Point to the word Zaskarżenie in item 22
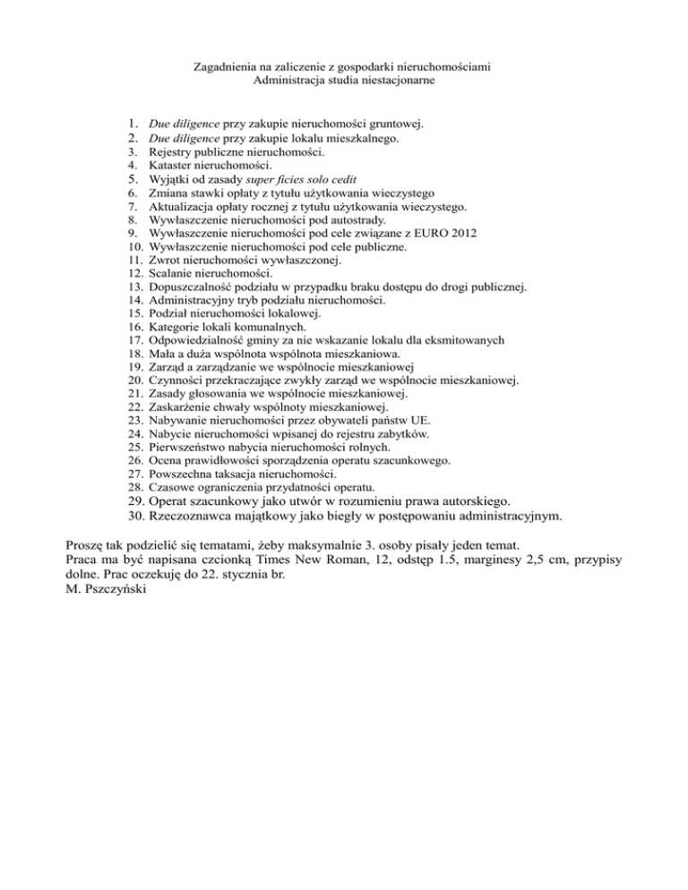pos(180,409)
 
